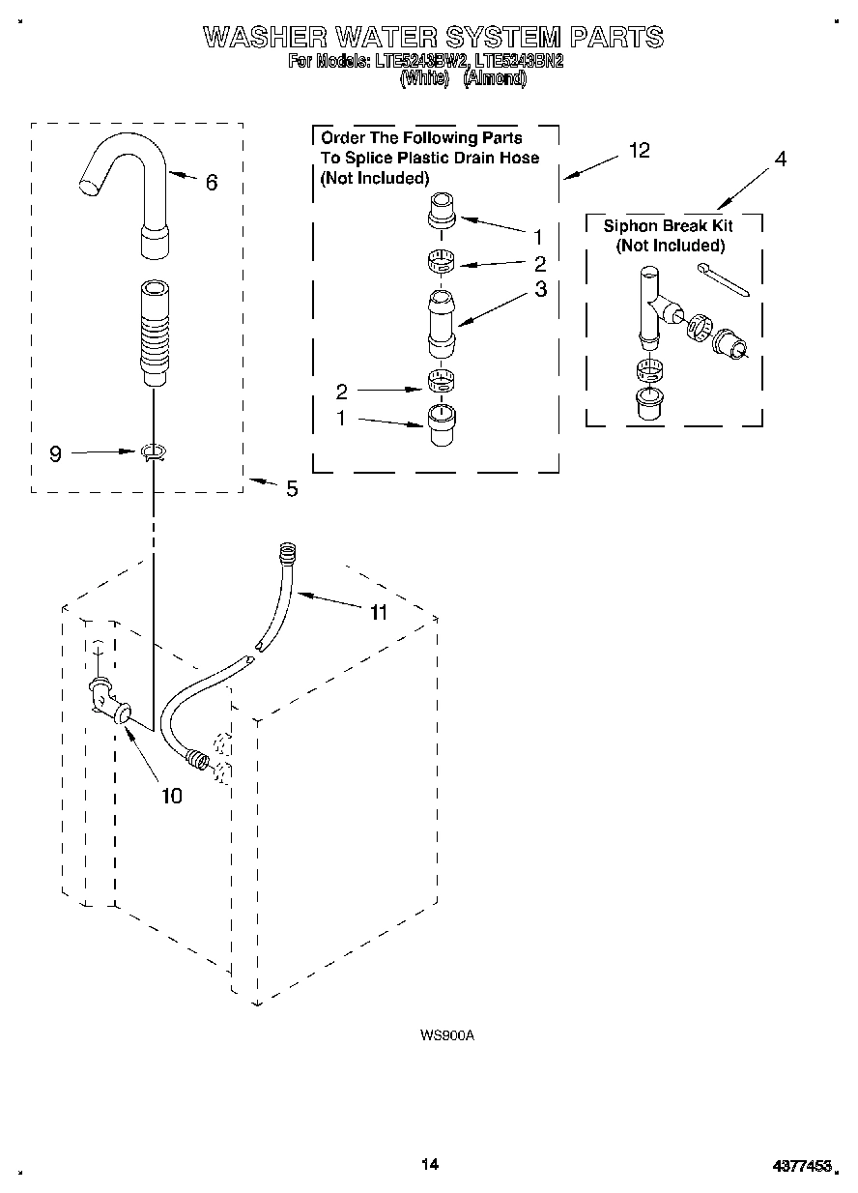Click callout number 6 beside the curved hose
pos(212,182)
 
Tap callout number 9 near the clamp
pos(55,452)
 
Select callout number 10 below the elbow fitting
pos(171,796)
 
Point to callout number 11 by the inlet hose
pos(378,612)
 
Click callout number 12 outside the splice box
pos(639,150)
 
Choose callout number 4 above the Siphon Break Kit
pos(781,160)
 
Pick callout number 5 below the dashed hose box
pos(292,489)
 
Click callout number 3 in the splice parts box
pos(540,288)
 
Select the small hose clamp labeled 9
pos(152,451)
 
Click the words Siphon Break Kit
pos(668,226)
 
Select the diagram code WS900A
pos(447,1035)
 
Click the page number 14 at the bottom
pos(430,1164)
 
